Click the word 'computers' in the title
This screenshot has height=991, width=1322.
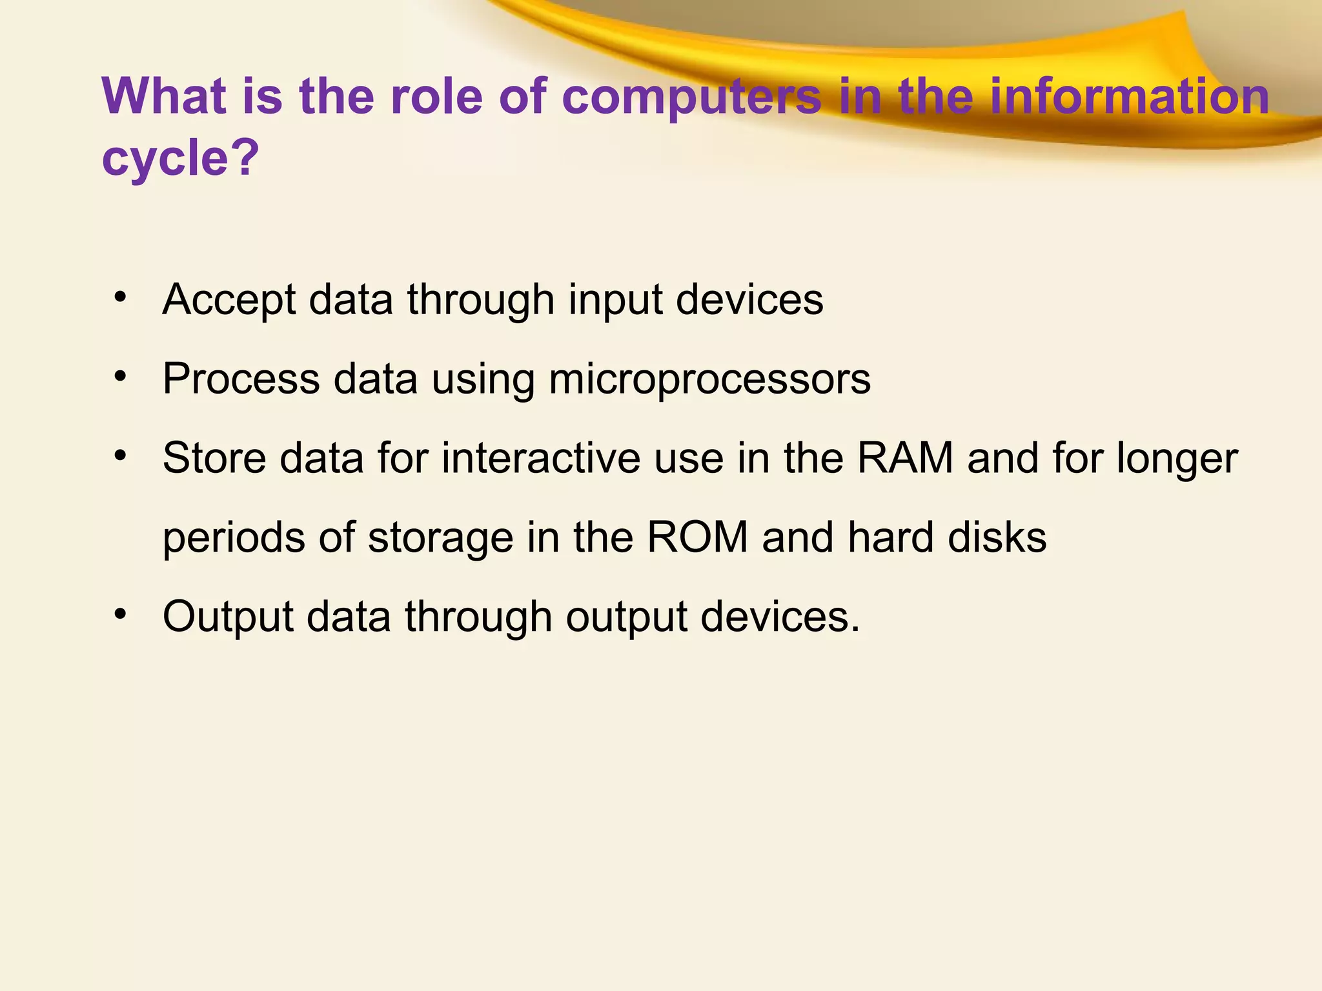point(691,97)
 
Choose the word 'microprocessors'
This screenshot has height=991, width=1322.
point(709,379)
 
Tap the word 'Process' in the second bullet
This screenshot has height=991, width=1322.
point(241,379)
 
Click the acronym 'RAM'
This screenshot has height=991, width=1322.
point(905,458)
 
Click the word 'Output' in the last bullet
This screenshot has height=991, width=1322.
point(229,617)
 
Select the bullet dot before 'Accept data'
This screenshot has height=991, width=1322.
point(119,297)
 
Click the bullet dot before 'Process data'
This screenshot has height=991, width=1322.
point(119,376)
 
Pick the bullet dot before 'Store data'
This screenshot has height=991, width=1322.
point(119,455)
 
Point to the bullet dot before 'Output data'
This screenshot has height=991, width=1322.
point(119,614)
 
